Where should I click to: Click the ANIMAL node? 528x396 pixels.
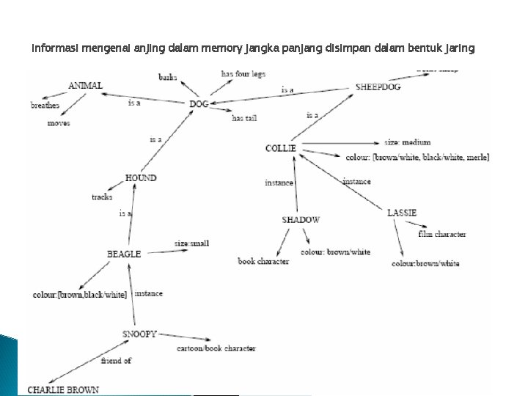pos(85,85)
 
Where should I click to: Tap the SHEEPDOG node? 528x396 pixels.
pos(378,86)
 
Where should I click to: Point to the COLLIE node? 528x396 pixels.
pos(280,148)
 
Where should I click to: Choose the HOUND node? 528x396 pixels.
pos(140,177)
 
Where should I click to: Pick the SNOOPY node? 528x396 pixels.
pos(140,334)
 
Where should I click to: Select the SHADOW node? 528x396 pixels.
pos(301,219)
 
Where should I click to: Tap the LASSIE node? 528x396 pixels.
pos(402,213)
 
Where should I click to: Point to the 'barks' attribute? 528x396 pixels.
pos(168,76)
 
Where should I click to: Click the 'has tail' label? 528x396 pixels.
pos(243,118)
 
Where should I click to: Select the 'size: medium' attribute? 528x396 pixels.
pos(407,142)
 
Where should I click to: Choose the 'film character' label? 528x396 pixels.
pos(441,235)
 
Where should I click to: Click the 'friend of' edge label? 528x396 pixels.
pos(116,360)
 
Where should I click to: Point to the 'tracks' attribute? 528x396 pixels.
pos(102,197)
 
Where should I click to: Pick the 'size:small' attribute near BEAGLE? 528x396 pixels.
pos(192,243)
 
